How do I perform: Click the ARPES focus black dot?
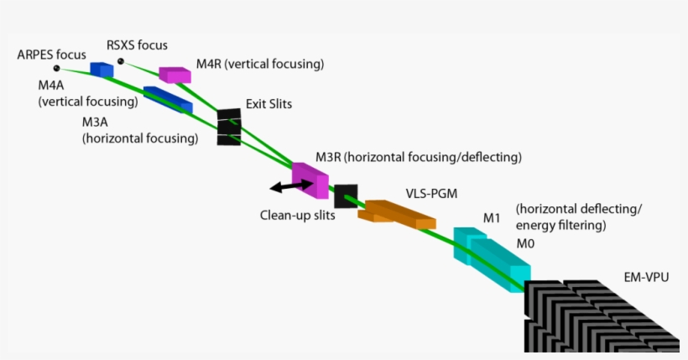56,68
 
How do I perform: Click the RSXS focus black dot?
121,61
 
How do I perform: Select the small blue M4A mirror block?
102,70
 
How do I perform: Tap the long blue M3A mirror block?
168,100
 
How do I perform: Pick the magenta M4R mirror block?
175,75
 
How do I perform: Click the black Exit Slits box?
229,127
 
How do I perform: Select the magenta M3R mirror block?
310,179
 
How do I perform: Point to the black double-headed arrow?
288,186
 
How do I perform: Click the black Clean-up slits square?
346,196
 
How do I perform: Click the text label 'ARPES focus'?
50,55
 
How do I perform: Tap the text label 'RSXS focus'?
137,44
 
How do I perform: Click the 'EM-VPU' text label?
646,276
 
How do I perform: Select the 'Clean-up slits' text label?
297,215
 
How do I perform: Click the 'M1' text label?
492,218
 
